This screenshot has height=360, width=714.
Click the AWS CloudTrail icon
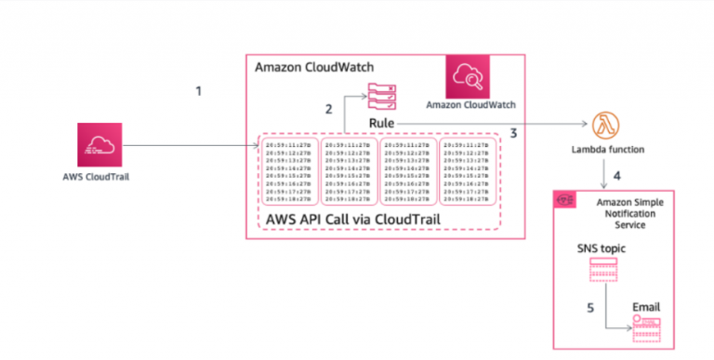(x=98, y=145)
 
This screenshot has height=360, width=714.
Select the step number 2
(x=328, y=110)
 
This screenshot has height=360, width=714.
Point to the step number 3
(x=512, y=134)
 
